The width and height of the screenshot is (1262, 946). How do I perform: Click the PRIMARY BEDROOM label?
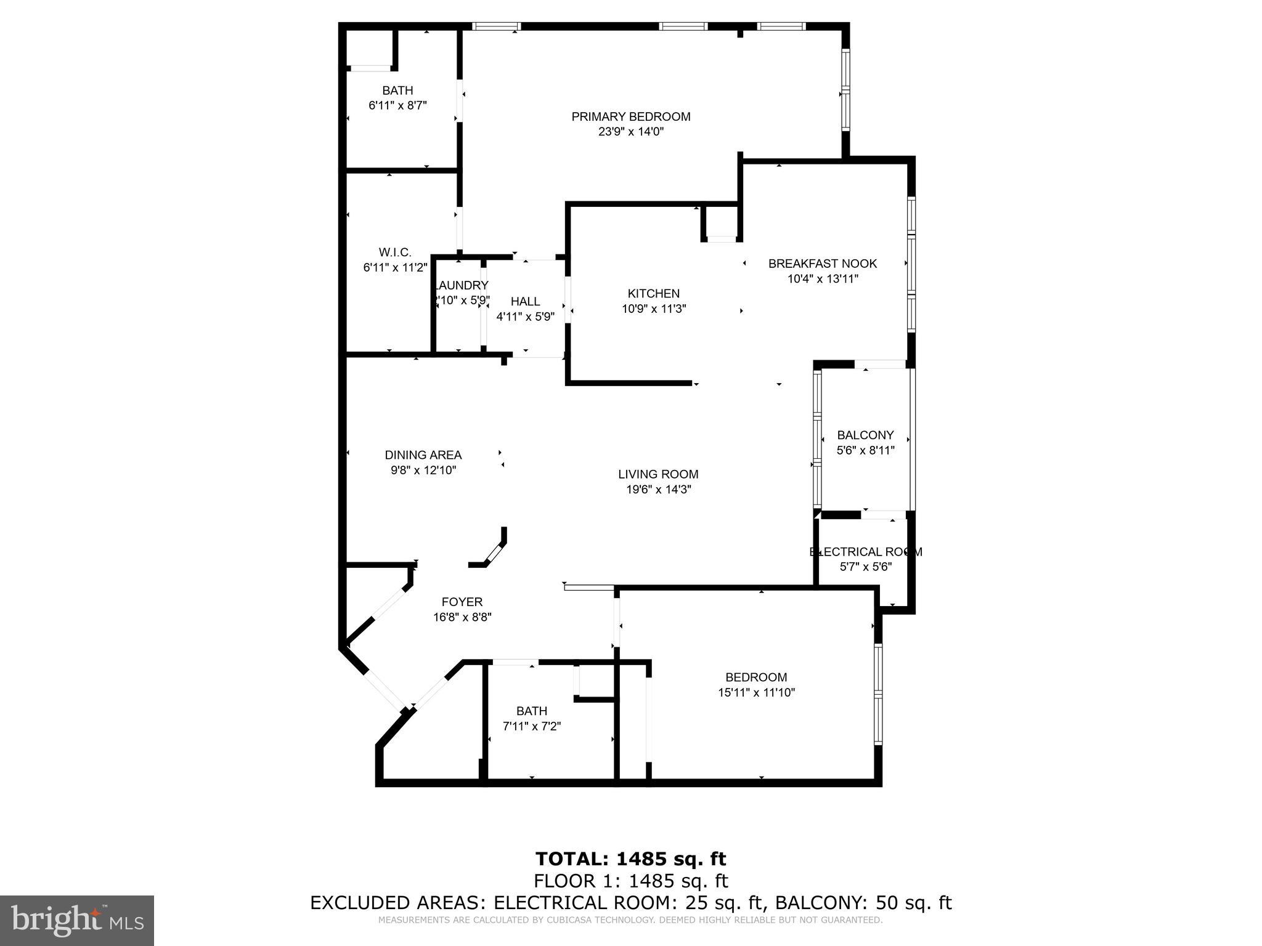pos(630,116)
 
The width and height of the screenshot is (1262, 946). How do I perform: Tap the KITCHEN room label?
pos(653,294)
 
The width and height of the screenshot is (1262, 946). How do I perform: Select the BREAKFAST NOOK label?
pos(822,264)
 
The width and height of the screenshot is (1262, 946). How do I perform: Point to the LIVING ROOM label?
pos(658,474)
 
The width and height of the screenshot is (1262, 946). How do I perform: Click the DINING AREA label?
pos(423,455)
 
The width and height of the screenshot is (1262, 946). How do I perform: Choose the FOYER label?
pos(462,602)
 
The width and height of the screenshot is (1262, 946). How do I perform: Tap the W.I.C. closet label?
pos(395,253)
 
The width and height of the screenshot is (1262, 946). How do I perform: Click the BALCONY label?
pos(865,435)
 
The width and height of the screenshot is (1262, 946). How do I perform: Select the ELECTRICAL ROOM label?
pos(865,552)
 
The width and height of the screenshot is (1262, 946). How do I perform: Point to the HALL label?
pos(525,301)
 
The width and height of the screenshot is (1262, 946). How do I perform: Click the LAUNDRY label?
pos(462,286)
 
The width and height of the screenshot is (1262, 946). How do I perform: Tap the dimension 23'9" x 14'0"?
pos(630,132)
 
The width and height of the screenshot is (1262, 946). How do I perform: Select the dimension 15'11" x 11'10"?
pos(756,692)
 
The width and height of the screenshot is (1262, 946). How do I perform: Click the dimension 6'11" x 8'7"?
pos(397,105)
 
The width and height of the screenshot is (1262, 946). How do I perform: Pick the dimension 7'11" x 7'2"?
pos(532,726)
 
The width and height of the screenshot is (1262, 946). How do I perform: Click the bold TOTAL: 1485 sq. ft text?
pos(630,859)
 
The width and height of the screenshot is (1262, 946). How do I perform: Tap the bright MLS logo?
pos(77,921)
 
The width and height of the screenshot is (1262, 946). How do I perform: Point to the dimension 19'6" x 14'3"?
pos(658,490)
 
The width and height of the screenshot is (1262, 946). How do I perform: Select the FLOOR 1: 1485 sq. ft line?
pos(630,881)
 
